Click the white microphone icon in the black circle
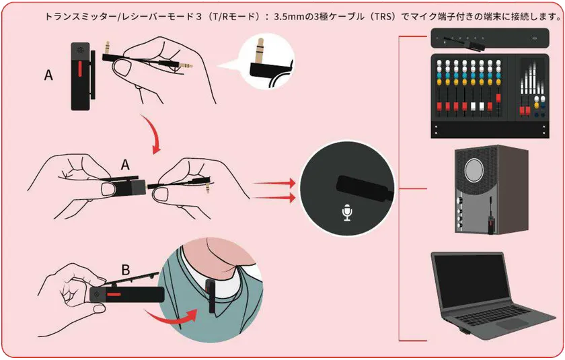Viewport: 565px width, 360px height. (x=346, y=212)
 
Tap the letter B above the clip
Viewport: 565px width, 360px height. (x=125, y=270)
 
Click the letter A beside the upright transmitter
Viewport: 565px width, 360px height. (x=48, y=75)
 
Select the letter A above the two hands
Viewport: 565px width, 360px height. (x=125, y=165)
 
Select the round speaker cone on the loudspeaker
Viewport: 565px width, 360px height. (x=474, y=170)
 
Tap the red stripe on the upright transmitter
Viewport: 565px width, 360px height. (x=80, y=70)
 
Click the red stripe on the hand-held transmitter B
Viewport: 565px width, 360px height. (x=113, y=295)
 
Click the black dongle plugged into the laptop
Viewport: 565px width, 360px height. (x=463, y=331)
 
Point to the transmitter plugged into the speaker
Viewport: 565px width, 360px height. (x=490, y=222)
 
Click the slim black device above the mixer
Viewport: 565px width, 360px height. (x=490, y=38)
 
